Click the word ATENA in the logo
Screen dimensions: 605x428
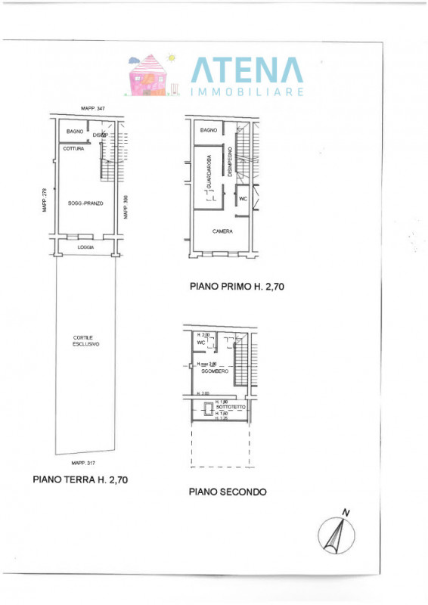pyautogui.click(x=246, y=70)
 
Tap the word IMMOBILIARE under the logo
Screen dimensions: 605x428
pyautogui.click(x=247, y=92)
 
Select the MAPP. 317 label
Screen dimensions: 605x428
pyautogui.click(x=83, y=463)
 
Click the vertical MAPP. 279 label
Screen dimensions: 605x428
pyautogui.click(x=45, y=201)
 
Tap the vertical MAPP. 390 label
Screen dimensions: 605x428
pyautogui.click(x=126, y=208)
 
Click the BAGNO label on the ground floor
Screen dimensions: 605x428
pyautogui.click(x=75, y=132)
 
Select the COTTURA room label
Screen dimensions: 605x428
pyautogui.click(x=73, y=148)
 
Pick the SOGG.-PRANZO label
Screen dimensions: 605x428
pyautogui.click(x=85, y=204)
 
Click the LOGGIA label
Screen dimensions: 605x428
pyautogui.click(x=85, y=247)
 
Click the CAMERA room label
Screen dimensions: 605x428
pyautogui.click(x=222, y=231)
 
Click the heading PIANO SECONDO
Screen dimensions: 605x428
pyautogui.click(x=227, y=492)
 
